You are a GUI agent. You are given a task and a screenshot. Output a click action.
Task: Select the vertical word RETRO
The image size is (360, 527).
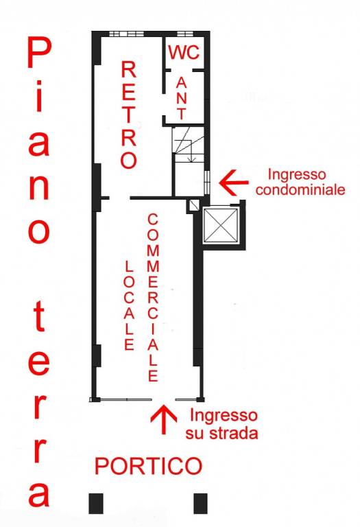click(x=128, y=115)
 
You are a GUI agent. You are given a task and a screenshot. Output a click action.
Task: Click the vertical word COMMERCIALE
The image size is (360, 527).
click(x=153, y=297)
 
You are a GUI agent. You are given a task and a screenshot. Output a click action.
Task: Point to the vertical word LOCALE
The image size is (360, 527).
click(x=128, y=304)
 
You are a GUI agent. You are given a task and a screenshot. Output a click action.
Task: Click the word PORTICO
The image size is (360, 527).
click(x=148, y=467)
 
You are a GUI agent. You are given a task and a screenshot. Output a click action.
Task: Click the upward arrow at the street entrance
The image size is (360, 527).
click(x=163, y=419)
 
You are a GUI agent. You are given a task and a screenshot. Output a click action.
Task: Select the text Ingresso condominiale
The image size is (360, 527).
click(x=306, y=182)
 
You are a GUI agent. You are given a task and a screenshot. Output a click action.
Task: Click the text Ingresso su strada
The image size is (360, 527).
click(x=222, y=423)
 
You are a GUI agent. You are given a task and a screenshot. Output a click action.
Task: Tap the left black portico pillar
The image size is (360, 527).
click(x=96, y=503)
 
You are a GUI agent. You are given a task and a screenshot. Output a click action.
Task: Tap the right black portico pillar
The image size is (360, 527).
click(x=200, y=503)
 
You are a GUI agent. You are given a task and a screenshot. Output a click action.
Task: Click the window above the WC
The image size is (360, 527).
click(x=184, y=33)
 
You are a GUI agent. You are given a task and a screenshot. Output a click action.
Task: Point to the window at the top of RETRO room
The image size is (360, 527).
click(x=123, y=33)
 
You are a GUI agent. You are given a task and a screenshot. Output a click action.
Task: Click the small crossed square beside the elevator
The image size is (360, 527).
click(x=194, y=204)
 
